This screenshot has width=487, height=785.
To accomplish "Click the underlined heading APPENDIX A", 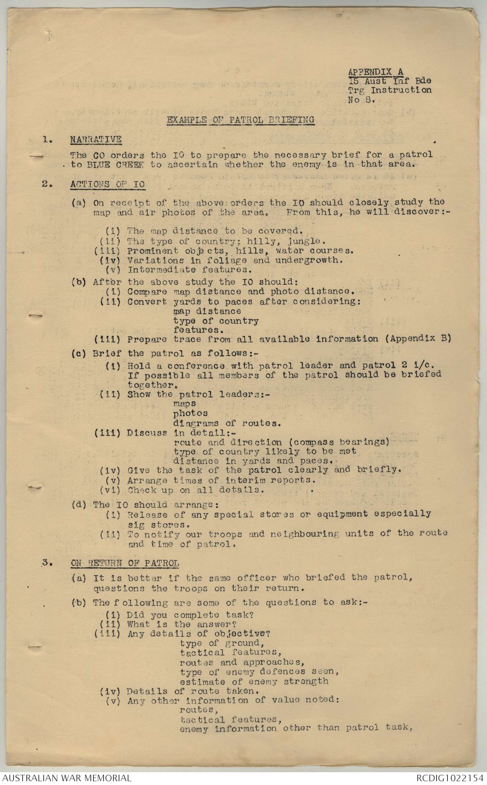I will click(376, 72).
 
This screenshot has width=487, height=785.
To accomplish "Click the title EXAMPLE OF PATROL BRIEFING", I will click(241, 120).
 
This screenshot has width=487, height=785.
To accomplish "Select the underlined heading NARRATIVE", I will click(96, 139).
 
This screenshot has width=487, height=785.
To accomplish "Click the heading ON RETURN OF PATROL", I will click(125, 563).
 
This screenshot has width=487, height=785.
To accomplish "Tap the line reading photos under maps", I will click(190, 413).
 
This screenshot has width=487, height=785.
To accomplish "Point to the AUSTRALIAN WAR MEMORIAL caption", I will click(66, 777).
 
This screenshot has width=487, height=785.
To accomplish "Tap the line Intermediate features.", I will click(189, 270).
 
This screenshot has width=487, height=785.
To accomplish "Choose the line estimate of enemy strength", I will click(254, 681).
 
